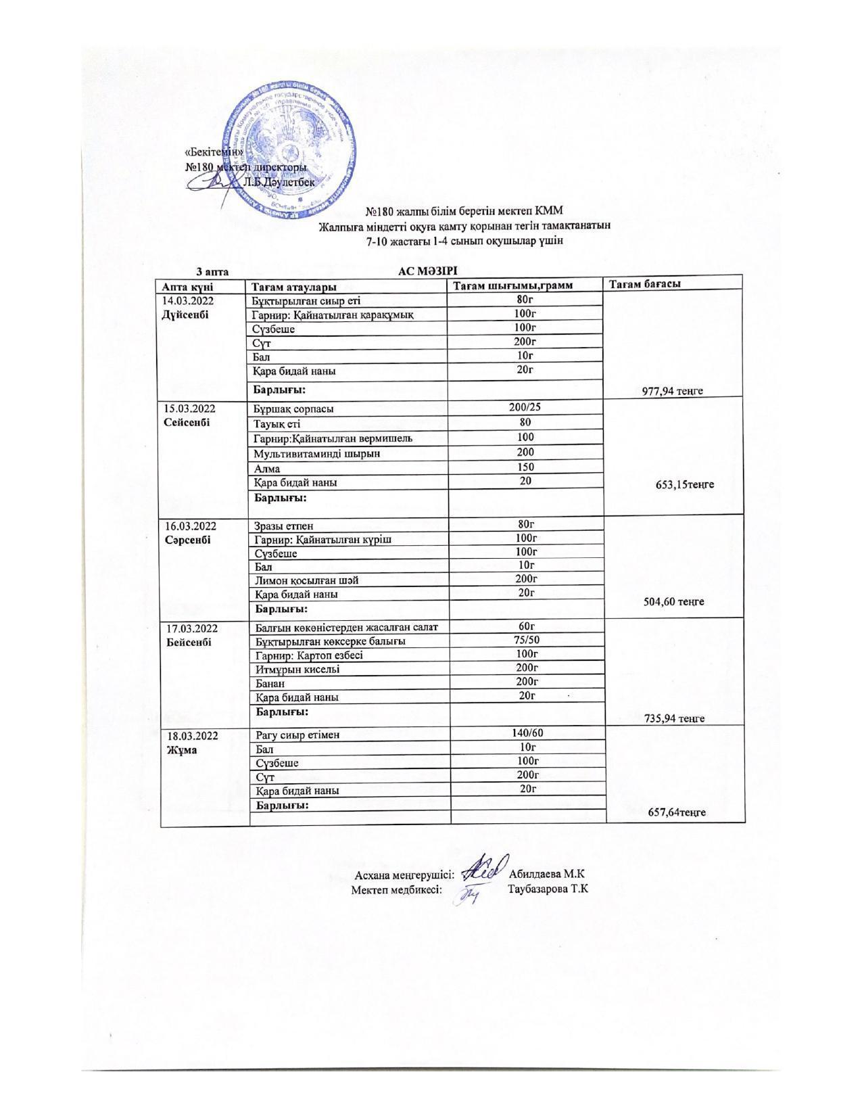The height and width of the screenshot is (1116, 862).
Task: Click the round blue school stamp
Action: point(291,150)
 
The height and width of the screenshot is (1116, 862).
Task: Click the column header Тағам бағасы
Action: point(644,284)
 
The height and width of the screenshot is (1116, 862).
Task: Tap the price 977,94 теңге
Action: point(673,391)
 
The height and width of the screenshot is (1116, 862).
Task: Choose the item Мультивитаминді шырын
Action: point(316,453)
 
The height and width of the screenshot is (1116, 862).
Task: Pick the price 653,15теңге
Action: point(685,484)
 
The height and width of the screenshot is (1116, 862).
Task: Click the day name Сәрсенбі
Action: point(187,540)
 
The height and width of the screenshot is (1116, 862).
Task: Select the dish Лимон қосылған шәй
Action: point(306,580)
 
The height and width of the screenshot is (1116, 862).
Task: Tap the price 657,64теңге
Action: point(677,812)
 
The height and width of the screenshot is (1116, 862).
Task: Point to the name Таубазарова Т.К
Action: point(548,889)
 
